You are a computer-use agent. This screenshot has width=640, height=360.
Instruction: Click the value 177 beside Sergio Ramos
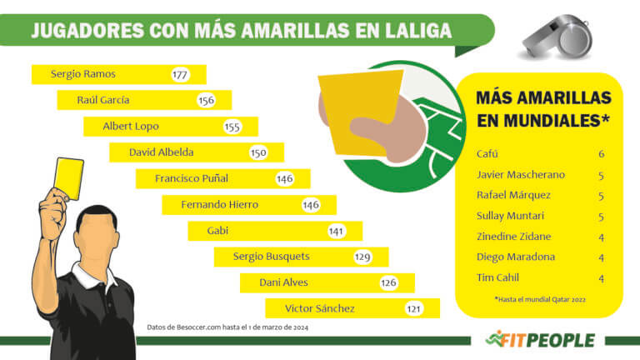click(180, 74)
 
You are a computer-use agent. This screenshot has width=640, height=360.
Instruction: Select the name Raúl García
click(103, 100)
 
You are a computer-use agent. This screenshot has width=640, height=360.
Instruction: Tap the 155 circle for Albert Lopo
click(232, 127)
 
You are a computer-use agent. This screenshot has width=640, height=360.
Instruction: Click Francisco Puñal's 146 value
click(285, 178)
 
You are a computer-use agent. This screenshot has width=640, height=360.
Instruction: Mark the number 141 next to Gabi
click(337, 231)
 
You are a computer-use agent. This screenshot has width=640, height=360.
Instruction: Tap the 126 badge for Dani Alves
click(388, 282)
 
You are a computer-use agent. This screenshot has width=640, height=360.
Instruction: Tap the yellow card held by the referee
click(68, 178)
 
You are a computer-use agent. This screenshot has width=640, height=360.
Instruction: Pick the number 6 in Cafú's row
click(601, 154)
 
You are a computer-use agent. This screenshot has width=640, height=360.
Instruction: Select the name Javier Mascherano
click(520, 175)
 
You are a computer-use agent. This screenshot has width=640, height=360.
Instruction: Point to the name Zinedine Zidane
click(512, 237)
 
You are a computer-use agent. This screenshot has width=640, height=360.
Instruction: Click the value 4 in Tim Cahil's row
click(601, 277)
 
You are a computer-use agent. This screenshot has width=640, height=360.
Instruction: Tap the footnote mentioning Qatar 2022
click(539, 298)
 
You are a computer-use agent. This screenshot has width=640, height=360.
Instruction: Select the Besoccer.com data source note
click(229, 327)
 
